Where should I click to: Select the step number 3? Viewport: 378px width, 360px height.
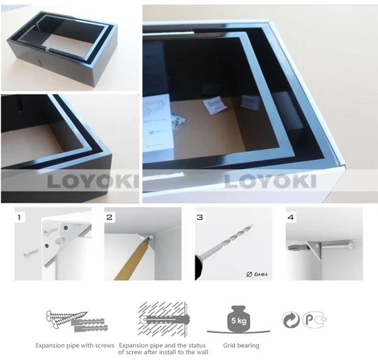pyautogui.click(x=200, y=218)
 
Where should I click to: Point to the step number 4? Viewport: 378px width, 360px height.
pyautogui.click(x=290, y=218)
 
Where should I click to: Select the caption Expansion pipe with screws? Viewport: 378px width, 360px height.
pyautogui.click(x=72, y=346)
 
